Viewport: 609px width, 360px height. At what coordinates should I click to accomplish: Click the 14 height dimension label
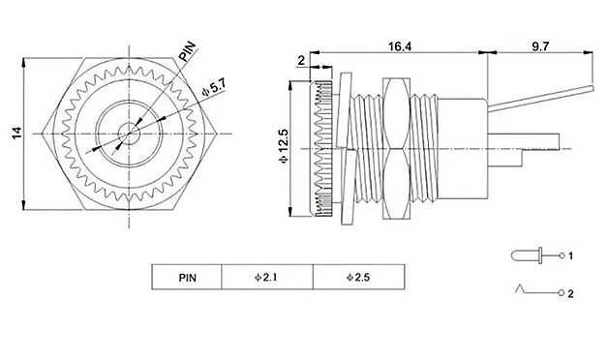(x=16, y=134)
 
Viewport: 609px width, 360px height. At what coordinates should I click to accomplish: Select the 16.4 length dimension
(x=400, y=46)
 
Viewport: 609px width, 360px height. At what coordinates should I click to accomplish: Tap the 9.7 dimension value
(x=540, y=46)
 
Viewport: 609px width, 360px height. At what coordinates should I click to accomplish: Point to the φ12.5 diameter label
(x=284, y=145)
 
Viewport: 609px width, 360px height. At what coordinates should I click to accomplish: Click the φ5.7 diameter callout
(x=214, y=88)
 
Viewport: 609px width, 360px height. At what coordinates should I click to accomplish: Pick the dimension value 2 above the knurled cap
(x=301, y=61)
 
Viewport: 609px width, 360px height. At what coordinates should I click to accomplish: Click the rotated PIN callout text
(x=188, y=51)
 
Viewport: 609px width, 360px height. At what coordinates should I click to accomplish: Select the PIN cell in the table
(x=187, y=278)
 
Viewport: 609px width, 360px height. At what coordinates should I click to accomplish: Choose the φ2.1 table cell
(x=267, y=278)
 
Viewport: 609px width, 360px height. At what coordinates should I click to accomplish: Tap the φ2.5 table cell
(x=358, y=278)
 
